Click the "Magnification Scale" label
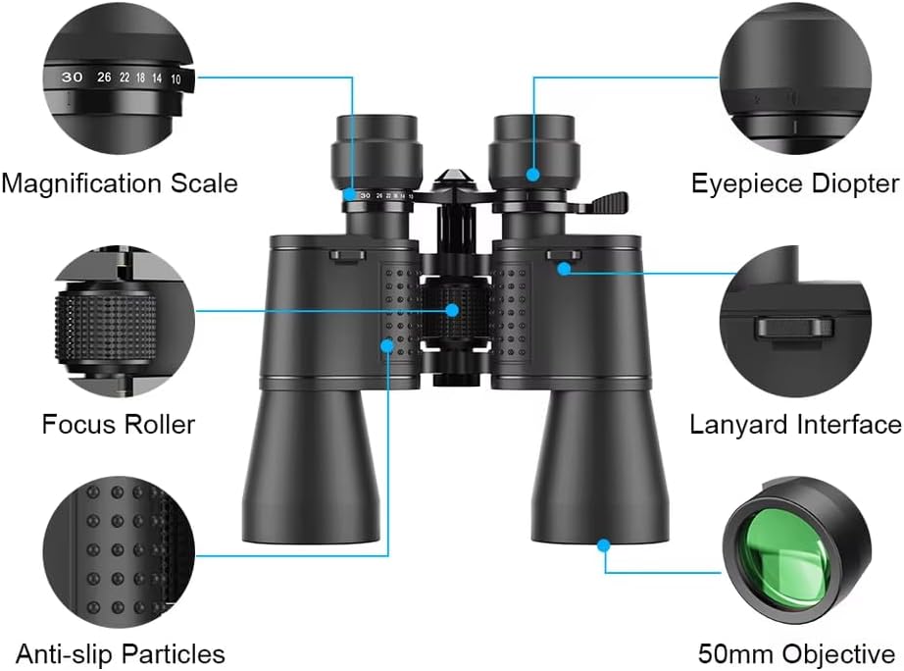[119, 182]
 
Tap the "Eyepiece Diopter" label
[794, 182]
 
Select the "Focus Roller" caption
[119, 424]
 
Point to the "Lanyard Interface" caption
[795, 424]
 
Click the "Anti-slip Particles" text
[120, 653]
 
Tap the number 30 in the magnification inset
[72, 77]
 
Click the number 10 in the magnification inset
[176, 77]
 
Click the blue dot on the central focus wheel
[453, 310]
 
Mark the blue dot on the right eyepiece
[532, 175]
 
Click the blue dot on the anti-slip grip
[388, 345]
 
